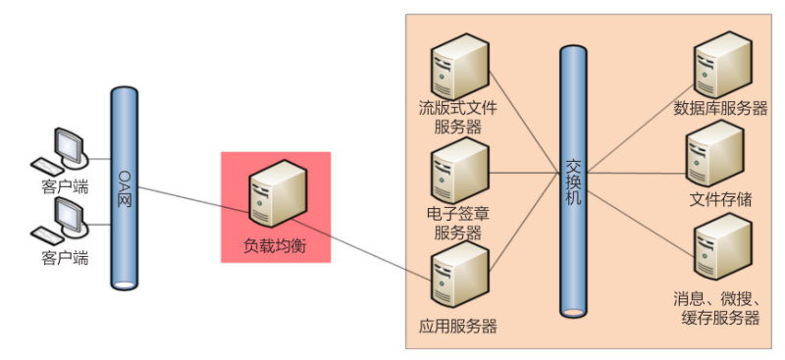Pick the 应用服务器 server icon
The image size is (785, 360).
pyautogui.click(x=459, y=279)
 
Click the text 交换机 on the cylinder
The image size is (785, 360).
pyautogui.click(x=575, y=181)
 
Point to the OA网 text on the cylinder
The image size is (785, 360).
pyautogui.click(x=125, y=185)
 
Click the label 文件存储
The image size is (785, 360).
pyautogui.click(x=720, y=200)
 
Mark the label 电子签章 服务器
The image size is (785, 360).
pyautogui.click(x=458, y=224)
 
